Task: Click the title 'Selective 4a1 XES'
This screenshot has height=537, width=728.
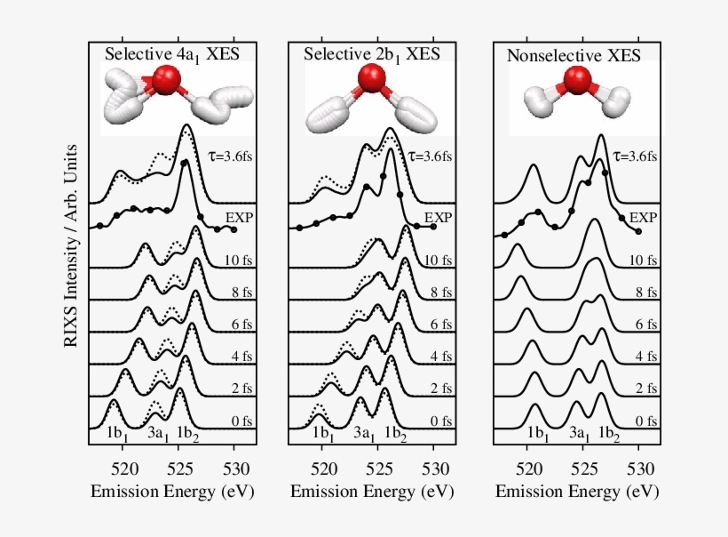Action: pos(172,54)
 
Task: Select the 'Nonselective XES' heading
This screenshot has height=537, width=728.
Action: pos(576,57)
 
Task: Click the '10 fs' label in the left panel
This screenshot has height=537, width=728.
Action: pos(238,260)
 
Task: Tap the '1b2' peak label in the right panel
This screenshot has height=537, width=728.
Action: pos(608,434)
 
